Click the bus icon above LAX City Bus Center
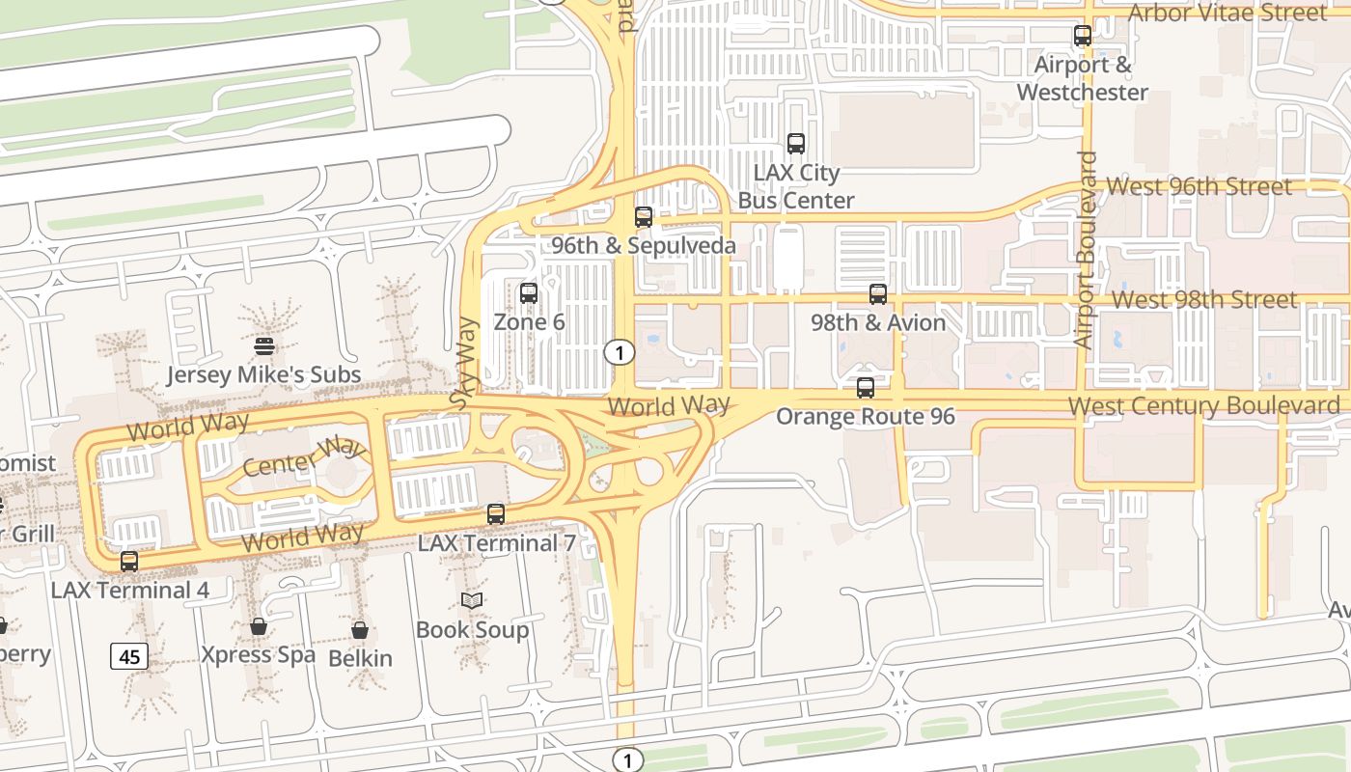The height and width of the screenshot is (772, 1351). pos(796,144)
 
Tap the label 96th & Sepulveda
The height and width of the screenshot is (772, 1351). pos(644,245)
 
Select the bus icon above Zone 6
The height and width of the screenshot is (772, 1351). pos(529,293)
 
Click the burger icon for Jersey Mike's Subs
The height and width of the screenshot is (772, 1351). pos(264,345)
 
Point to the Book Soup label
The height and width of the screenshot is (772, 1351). pos(472,630)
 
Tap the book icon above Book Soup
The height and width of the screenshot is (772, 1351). pos(472,600)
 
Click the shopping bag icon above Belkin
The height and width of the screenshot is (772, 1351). pos(360,630)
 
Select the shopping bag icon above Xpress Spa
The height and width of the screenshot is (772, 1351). pos(259,626)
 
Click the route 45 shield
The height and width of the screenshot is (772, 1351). pos(129,657)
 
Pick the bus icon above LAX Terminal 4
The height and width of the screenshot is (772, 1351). pos(129,561)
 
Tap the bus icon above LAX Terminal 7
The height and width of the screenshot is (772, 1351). pos(496,513)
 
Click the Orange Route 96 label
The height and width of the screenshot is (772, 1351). pos(866,417)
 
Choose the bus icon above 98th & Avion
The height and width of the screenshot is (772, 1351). pos(878,294)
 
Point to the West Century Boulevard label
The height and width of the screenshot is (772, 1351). pos(1204,405)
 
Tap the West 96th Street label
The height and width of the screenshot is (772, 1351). pos(1199,185)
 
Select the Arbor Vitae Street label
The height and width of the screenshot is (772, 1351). pos(1227,13)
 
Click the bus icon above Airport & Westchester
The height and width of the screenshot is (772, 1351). pos(1083,36)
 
